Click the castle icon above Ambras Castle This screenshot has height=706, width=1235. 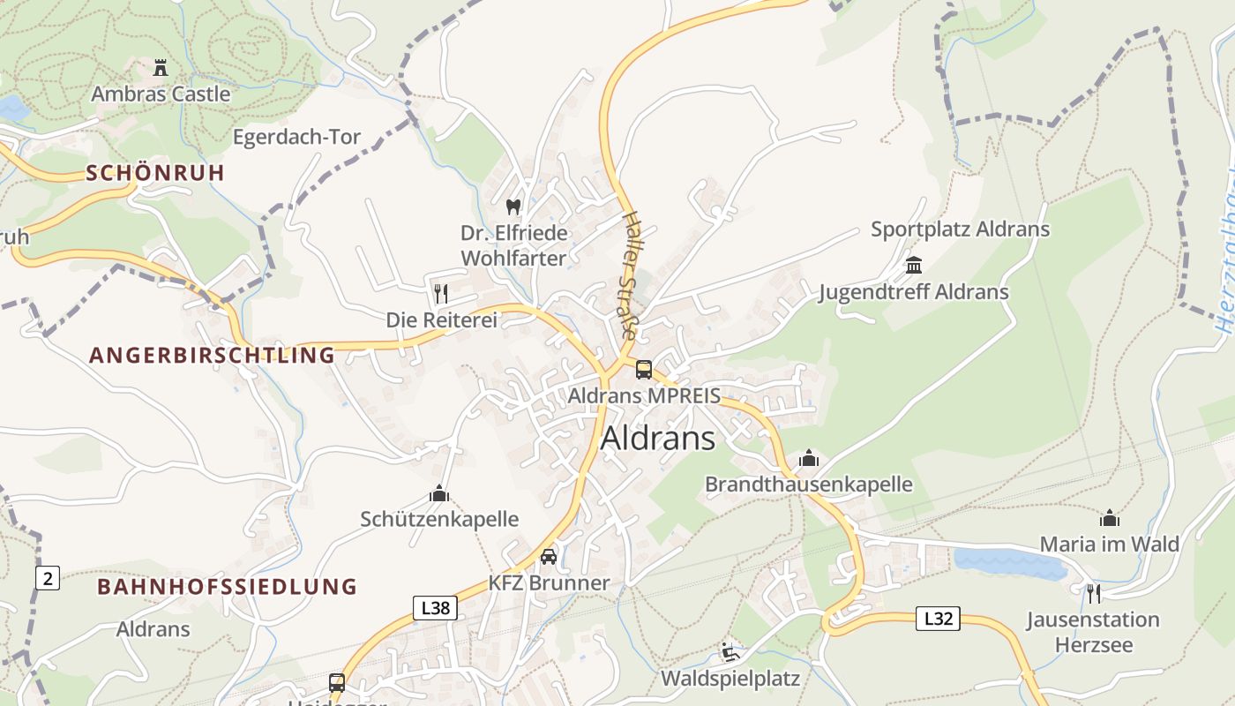click(x=160, y=67)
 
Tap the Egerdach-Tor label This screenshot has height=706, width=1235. click(x=296, y=137)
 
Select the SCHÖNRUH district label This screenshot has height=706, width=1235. click(x=156, y=173)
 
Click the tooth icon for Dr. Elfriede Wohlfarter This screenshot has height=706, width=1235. click(x=513, y=207)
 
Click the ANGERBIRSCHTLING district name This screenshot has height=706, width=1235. click(x=213, y=356)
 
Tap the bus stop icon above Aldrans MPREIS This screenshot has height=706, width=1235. click(x=644, y=370)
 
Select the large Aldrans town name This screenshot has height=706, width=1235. click(x=658, y=438)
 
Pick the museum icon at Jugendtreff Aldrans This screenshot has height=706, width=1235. click(x=913, y=265)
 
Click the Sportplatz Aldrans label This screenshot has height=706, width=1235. click(x=960, y=229)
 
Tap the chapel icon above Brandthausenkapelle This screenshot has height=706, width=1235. click(x=808, y=458)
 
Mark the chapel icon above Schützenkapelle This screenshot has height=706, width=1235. click(x=438, y=493)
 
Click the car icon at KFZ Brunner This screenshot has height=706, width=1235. click(x=549, y=556)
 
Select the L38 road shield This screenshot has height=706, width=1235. click(x=435, y=608)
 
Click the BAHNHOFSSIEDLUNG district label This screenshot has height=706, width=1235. click(x=227, y=587)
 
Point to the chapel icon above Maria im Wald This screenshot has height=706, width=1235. click(x=1109, y=518)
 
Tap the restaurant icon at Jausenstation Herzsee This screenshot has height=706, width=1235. click(x=1094, y=592)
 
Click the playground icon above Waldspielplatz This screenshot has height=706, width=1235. click(x=730, y=652)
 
